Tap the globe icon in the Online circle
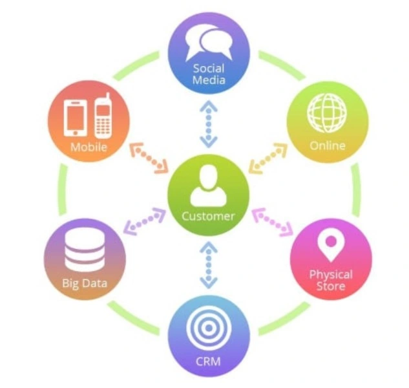(x=327, y=113)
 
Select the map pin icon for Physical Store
(x=331, y=244)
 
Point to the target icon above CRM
(x=209, y=329)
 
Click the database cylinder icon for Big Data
(x=85, y=250)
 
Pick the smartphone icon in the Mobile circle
(x=76, y=118)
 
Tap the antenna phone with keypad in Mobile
(x=103, y=116)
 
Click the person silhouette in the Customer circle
(x=209, y=186)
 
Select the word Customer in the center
(x=209, y=216)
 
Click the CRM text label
(x=208, y=361)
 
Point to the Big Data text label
(x=85, y=283)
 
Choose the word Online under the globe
(x=328, y=145)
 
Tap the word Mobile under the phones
(x=89, y=147)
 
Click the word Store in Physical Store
(x=331, y=286)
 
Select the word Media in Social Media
(x=209, y=80)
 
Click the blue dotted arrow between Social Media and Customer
(x=209, y=124)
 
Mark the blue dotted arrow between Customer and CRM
(x=209, y=265)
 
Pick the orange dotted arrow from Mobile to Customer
(x=149, y=158)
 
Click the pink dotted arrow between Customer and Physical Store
(x=272, y=222)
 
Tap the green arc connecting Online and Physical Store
(x=357, y=190)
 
